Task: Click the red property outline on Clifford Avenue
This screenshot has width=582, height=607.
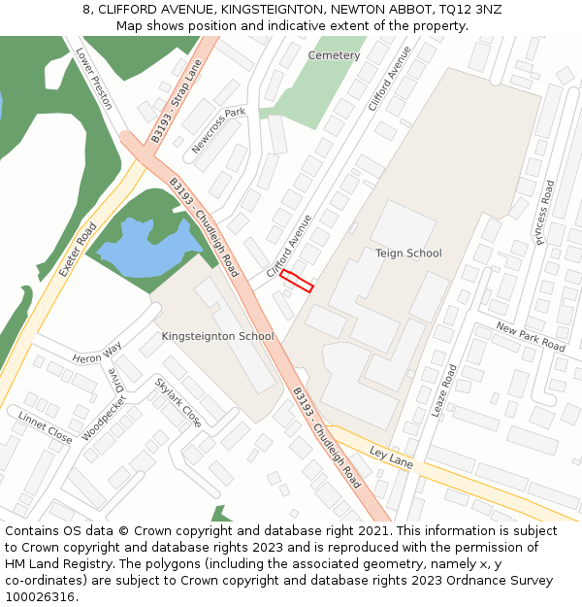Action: coord(297,281)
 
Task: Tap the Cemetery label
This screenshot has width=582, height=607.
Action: coord(334,55)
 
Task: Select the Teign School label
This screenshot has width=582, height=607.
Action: coord(408,253)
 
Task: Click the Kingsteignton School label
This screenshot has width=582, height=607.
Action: coord(217,336)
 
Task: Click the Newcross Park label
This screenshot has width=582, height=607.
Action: coord(218,130)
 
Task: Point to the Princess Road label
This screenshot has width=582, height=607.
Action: coord(541,214)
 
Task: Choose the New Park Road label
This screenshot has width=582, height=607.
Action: coord(530,337)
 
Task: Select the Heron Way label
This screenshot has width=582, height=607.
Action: coord(97,354)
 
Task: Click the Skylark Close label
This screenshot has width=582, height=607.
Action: coord(178,402)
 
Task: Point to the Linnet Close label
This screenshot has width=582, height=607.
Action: coord(45,427)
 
